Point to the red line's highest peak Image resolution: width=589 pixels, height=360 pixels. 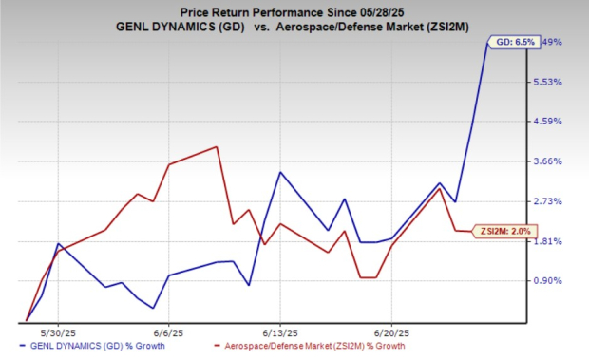218,147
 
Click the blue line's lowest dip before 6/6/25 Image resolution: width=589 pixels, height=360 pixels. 153,308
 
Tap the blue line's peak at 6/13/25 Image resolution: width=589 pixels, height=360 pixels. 279,172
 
